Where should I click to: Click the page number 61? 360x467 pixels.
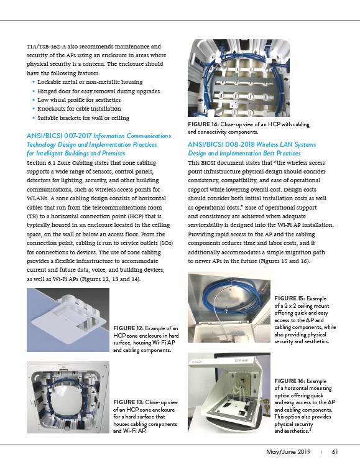335,452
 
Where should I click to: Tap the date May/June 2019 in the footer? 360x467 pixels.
288,452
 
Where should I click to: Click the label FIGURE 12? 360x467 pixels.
128,328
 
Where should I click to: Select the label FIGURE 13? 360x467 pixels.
128,402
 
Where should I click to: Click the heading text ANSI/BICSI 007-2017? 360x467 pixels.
59,136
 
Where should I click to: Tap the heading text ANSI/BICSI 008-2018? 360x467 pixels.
221,144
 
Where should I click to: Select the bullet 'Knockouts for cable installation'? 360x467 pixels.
79,109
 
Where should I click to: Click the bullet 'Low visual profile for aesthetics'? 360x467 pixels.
79,100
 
